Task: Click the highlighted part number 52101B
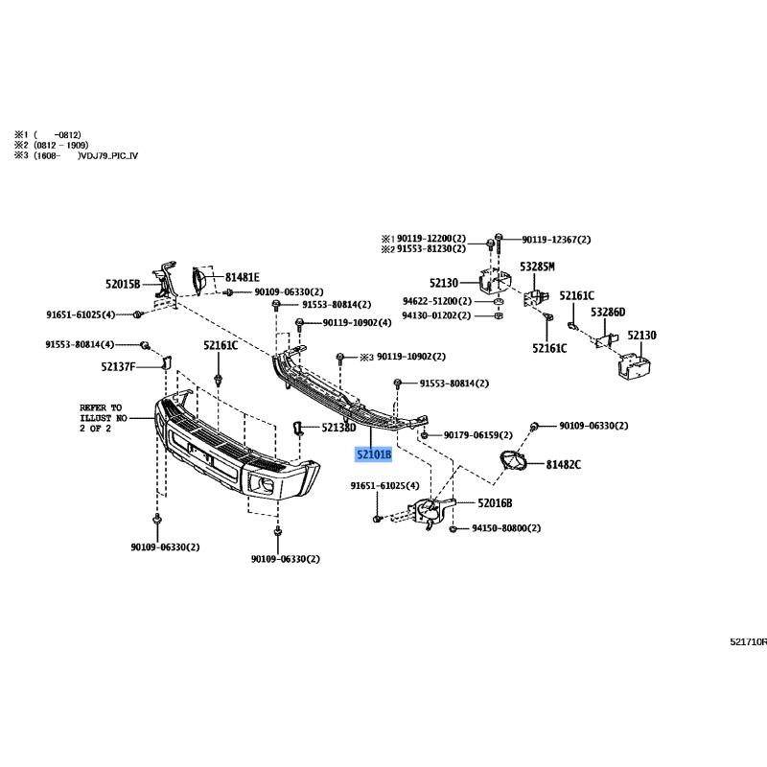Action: click(374, 454)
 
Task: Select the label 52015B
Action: click(123, 284)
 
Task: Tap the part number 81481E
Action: click(243, 277)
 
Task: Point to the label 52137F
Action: click(118, 366)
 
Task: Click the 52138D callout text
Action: click(338, 428)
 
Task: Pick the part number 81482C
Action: click(564, 465)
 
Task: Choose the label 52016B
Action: click(495, 502)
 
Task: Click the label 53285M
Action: click(537, 267)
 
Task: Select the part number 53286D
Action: click(608, 313)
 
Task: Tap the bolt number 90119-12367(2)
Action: click(556, 240)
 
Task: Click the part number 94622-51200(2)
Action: click(437, 301)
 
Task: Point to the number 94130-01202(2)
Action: click(436, 315)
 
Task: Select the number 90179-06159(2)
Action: click(477, 435)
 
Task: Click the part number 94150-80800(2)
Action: click(506, 528)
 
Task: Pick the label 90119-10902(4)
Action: click(357, 323)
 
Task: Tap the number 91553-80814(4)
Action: click(80, 345)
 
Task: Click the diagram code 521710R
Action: click(749, 641)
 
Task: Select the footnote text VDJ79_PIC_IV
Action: click(108, 156)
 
